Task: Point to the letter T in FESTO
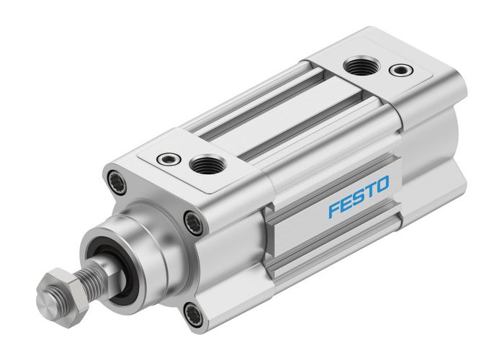click(x=369, y=191)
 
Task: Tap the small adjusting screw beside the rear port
click(x=396, y=70)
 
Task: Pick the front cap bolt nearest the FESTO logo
click(x=192, y=222)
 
